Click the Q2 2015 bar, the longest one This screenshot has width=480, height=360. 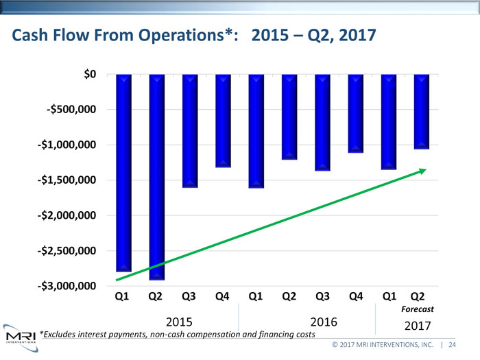157,177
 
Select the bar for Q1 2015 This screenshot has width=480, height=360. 124,173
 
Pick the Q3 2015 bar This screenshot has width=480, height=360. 190,130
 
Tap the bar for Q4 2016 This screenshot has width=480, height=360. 356,113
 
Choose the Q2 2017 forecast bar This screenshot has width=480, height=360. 422,111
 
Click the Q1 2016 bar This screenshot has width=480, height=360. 256,130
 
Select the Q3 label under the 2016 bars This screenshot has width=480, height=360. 322,297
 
